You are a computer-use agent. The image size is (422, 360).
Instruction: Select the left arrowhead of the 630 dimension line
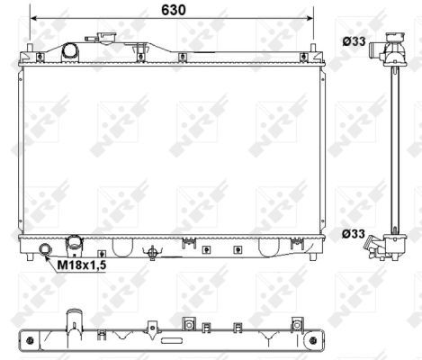coord(33,18)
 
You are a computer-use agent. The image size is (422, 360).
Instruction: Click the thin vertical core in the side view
coord(393,148)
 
